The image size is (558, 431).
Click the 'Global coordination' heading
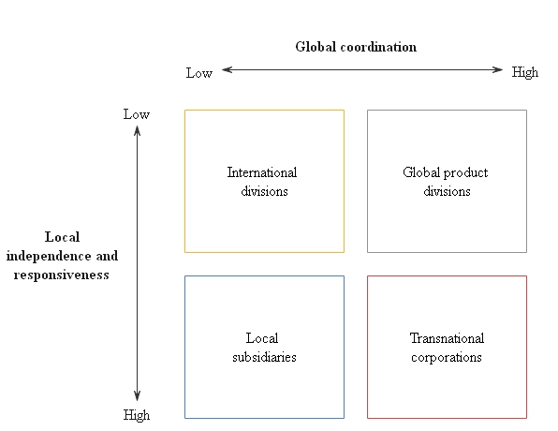point(356,47)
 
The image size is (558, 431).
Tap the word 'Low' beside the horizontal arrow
point(199,73)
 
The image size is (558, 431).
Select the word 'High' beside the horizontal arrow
point(525,72)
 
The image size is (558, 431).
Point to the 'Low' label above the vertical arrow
point(137,114)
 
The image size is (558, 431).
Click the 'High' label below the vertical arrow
point(137,415)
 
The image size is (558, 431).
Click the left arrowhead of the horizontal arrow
point(228,70)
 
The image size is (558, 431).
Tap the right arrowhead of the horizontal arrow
point(497,70)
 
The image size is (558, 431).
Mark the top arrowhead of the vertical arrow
point(138,131)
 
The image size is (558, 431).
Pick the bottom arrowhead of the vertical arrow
point(138,395)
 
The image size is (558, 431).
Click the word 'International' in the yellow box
point(262,172)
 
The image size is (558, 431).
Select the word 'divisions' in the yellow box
point(264,191)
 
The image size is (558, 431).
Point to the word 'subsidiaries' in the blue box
point(264,357)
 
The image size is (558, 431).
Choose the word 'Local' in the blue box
point(262,338)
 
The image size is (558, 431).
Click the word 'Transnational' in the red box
point(447,338)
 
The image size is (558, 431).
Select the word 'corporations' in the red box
point(447,358)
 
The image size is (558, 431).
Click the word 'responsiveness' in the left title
point(61,275)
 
